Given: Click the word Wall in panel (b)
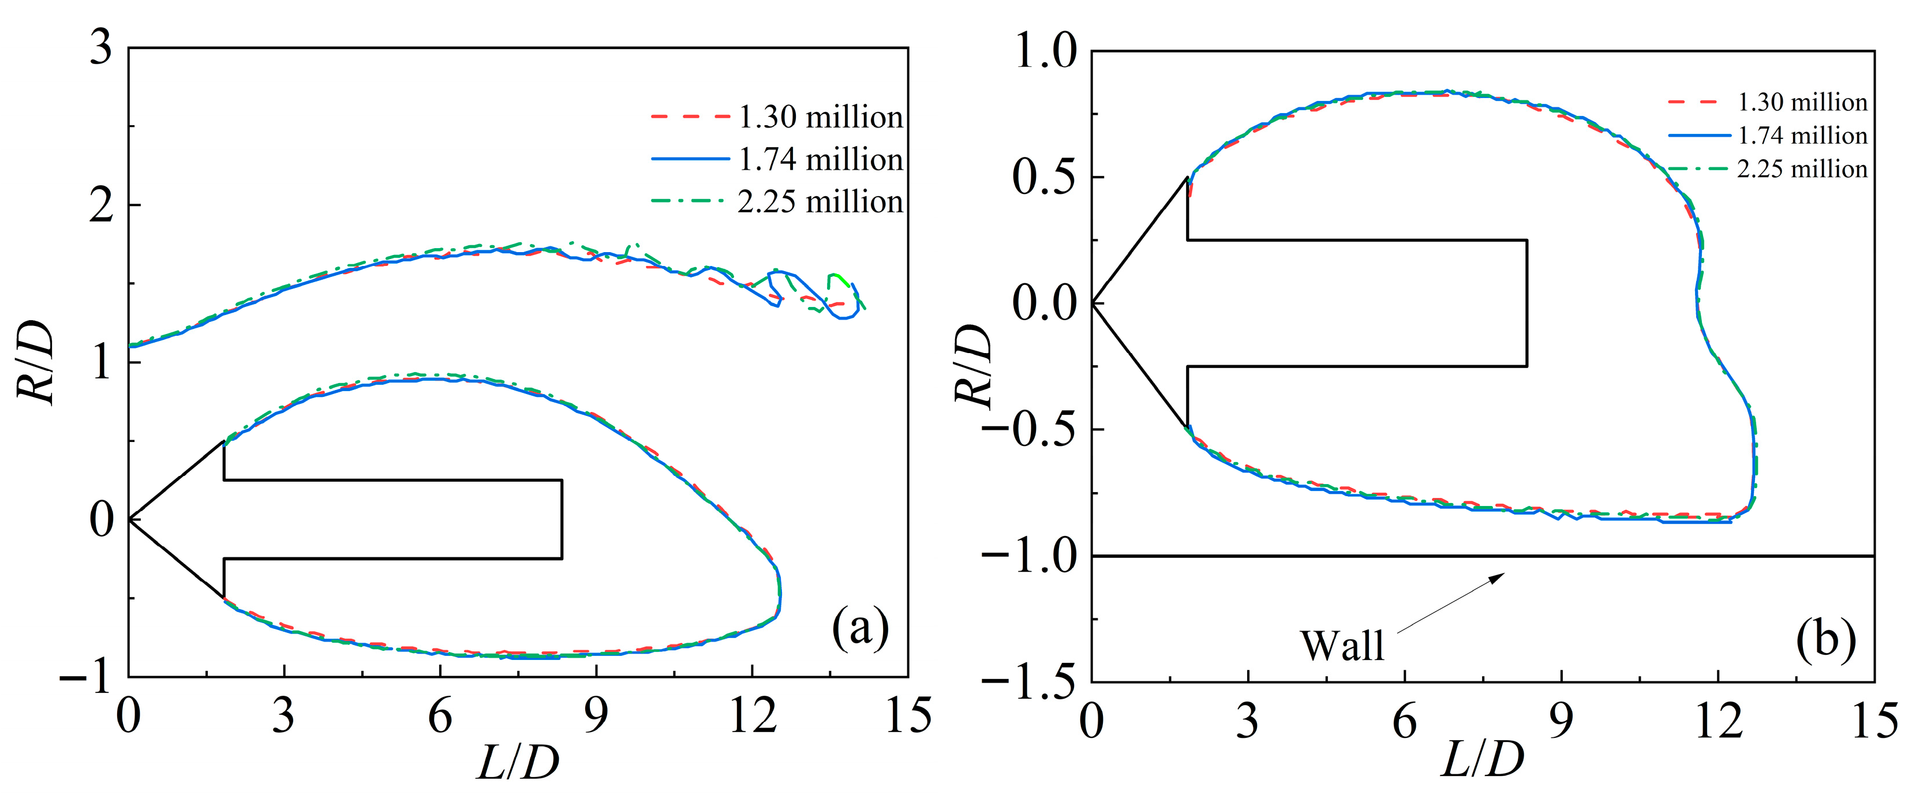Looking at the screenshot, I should pyautogui.click(x=1342, y=646).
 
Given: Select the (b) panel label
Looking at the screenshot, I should pyautogui.click(x=1826, y=640).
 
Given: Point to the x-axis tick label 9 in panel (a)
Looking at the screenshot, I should pyautogui.click(x=596, y=717).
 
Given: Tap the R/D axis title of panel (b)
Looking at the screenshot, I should pyautogui.click(x=972, y=365).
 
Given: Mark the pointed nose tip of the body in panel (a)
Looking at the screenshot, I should pyautogui.click(x=130, y=519).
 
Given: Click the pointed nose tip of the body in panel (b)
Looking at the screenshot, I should pyautogui.click(x=1092, y=303).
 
